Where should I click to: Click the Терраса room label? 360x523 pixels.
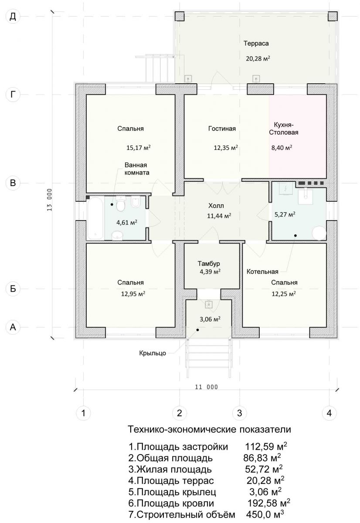coord(256,44)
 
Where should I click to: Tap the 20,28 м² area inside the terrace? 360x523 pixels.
coord(258,58)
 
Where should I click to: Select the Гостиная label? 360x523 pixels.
coord(222,129)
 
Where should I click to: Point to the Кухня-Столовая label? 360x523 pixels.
coord(284,129)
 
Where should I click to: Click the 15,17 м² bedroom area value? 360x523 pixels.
coord(139,148)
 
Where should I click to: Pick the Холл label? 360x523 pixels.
coord(216,206)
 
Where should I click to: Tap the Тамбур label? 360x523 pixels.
coord(209,264)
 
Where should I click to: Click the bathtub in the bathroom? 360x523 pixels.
coord(95,218)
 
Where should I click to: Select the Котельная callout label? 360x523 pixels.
coord(262,272)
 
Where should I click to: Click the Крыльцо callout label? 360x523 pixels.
coord(153,353)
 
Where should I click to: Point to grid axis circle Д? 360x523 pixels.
coord(13,17)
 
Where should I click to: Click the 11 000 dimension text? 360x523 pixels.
coord(207,387)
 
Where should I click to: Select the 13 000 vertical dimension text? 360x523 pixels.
coord(50,200)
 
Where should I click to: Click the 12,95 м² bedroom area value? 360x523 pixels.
coord(133,293)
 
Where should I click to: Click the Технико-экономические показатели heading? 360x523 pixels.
coord(209,429)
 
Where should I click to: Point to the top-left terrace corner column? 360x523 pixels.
coord(180,17)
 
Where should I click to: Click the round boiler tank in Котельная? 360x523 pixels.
coord(319,233)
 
